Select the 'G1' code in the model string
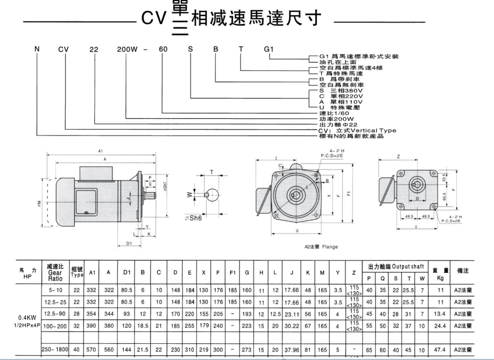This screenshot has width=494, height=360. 269,50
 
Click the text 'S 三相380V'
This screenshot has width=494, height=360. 340,91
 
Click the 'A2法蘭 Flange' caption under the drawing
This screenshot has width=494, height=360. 322,247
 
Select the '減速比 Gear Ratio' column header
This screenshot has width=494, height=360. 55,273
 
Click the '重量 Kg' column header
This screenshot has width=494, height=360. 440,273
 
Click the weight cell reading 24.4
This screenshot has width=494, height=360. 440,327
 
